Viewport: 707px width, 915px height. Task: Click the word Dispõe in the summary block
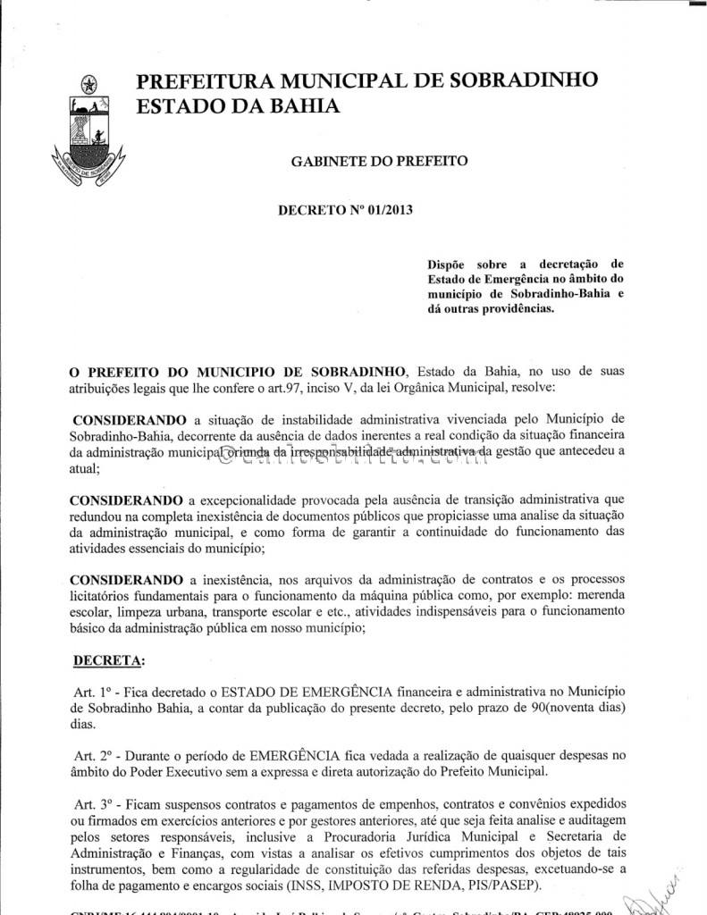tap(450, 264)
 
